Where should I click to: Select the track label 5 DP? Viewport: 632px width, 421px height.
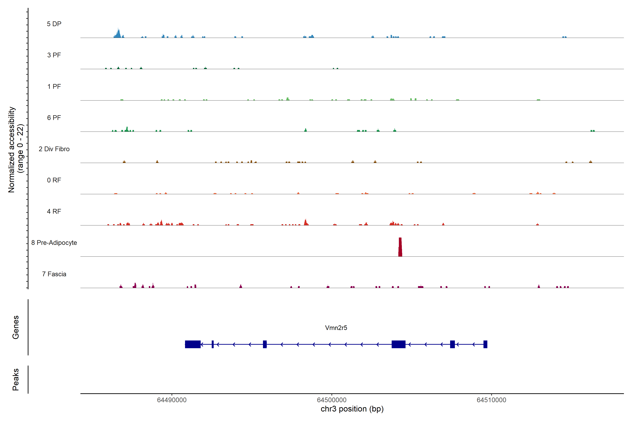click(x=54, y=24)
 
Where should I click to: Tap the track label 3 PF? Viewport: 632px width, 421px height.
click(x=54, y=55)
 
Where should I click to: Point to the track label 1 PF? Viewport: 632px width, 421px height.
click(x=54, y=86)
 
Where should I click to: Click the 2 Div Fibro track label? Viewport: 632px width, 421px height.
click(x=54, y=149)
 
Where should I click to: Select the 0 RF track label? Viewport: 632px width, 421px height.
click(x=54, y=180)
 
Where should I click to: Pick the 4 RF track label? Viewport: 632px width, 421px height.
click(x=54, y=211)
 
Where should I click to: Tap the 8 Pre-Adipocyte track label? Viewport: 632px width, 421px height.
click(x=54, y=243)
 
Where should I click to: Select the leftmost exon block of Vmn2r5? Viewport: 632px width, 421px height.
click(x=193, y=344)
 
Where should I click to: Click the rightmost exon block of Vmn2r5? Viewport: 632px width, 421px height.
click(x=485, y=344)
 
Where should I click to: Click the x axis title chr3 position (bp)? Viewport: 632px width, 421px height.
click(x=352, y=409)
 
